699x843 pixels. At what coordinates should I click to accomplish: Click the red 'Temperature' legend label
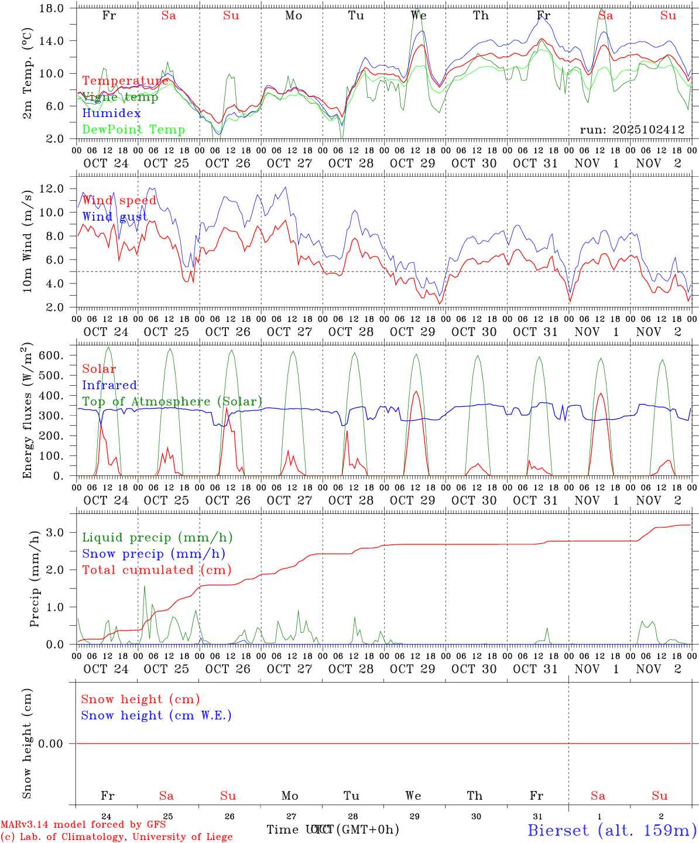point(125,81)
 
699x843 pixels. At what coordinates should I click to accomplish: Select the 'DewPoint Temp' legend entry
point(133,129)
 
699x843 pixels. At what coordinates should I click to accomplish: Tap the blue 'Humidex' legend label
point(111,113)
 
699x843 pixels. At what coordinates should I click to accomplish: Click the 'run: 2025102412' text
point(632,129)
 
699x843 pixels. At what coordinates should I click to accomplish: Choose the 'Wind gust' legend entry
point(115,217)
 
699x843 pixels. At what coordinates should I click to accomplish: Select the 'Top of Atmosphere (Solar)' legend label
point(172,402)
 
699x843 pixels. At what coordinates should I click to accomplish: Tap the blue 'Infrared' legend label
point(109,385)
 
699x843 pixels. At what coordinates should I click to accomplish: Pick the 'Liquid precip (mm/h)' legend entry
point(157,537)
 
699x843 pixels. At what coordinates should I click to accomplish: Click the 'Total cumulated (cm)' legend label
point(156,570)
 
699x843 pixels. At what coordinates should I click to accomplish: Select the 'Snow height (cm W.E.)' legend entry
point(156,715)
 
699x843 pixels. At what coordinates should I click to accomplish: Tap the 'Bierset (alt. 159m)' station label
point(612,830)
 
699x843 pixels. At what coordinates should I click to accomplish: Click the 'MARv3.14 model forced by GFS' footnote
point(83,824)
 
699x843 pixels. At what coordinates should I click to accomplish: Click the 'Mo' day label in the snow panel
point(290,796)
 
